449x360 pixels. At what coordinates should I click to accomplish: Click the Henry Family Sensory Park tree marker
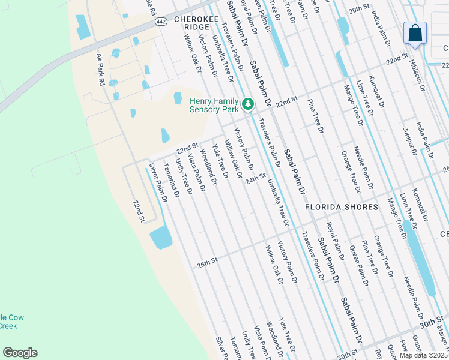247,105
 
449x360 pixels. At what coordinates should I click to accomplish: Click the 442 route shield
160,22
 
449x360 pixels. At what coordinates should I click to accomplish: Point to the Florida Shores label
342,207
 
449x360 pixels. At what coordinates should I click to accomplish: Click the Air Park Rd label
100,69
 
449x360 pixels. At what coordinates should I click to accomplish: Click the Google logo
20,353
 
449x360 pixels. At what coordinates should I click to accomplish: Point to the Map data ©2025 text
424,355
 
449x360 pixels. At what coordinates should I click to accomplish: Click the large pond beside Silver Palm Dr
160,238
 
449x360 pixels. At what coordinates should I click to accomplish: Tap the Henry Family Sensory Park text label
214,105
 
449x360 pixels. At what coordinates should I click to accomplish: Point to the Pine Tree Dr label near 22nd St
315,113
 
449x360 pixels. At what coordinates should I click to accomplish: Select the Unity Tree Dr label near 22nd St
183,176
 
